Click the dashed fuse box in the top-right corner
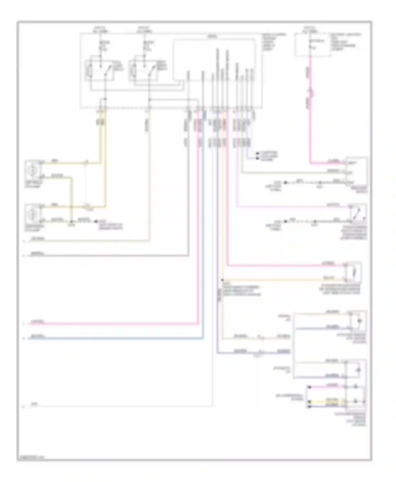pyautogui.click(x=312, y=45)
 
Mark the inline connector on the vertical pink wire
pyautogui.click(x=310, y=92)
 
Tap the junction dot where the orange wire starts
pyautogui.click(x=223, y=280)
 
